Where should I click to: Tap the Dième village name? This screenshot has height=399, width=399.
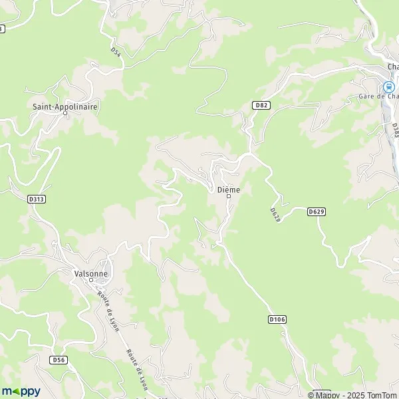228,190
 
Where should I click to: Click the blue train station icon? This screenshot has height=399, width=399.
387,86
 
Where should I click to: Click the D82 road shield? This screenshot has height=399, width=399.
261,105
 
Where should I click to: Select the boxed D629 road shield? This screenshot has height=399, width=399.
317,211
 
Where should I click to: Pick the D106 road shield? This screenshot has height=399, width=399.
277,319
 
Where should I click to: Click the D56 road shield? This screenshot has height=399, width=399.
59,359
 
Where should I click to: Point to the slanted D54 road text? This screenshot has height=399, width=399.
116,52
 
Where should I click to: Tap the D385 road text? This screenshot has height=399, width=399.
394,129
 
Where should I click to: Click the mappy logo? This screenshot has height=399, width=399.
21,391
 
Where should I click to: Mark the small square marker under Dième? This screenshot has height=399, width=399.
228,197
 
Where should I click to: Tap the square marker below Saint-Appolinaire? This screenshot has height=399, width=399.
65,112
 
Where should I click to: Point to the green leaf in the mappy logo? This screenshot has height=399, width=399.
17,391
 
